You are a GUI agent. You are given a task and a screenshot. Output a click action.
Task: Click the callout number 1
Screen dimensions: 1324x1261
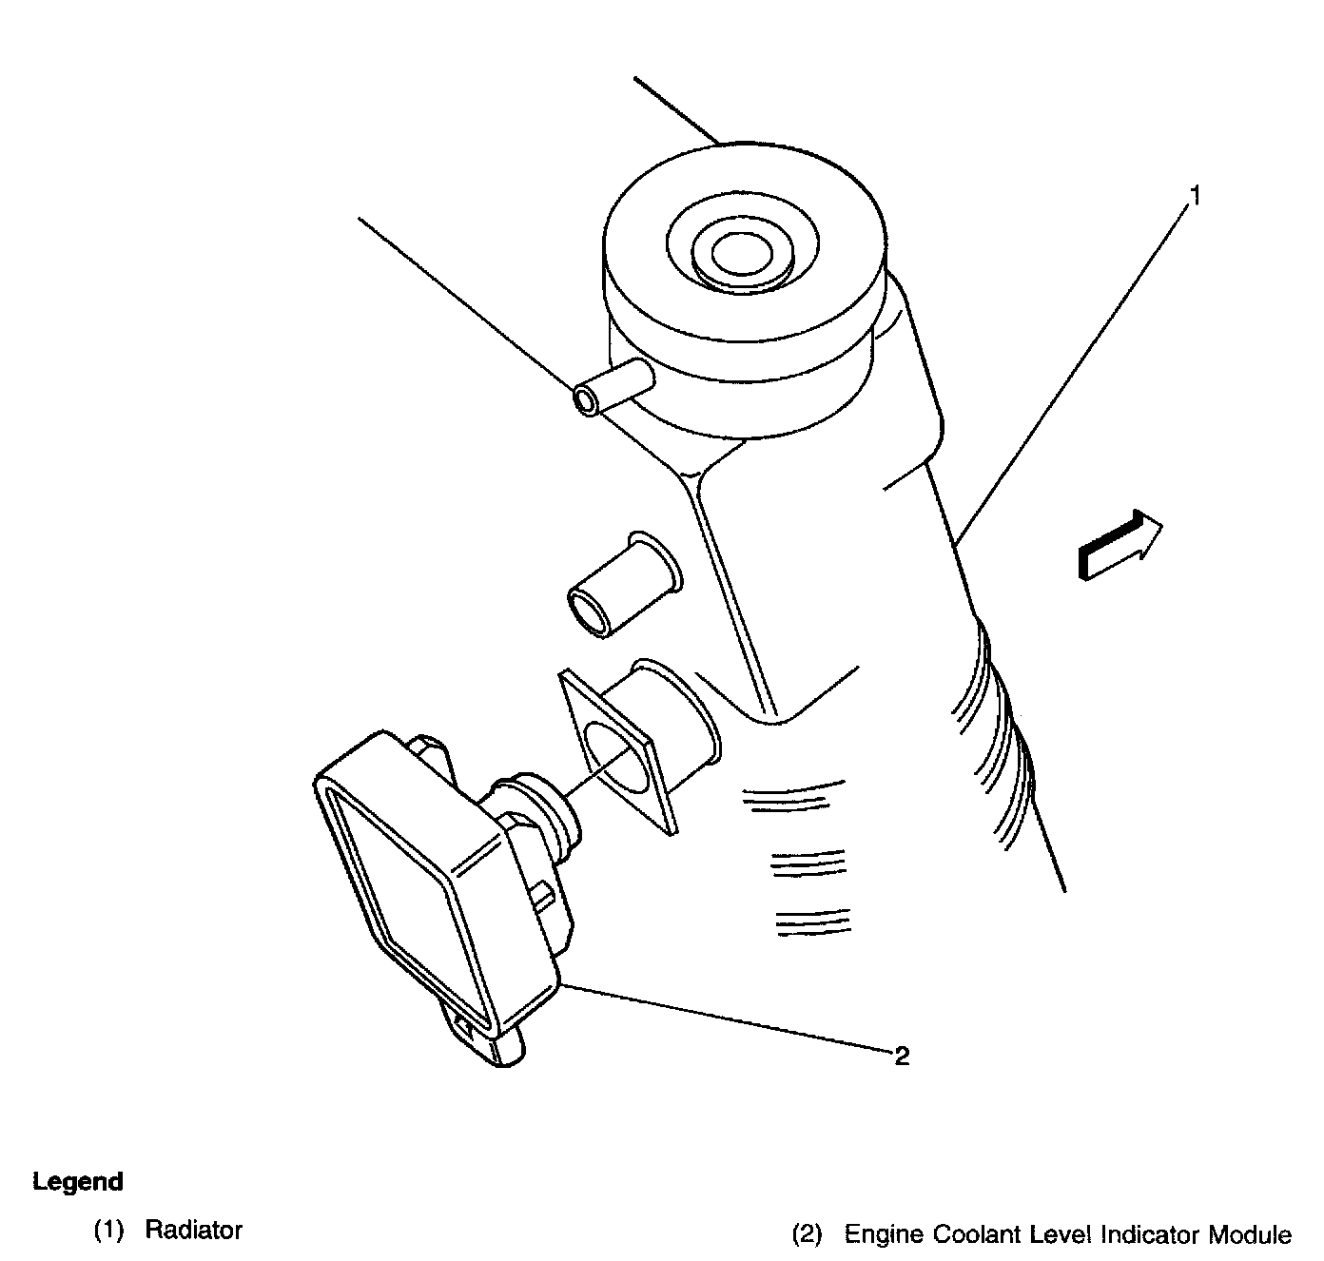[1195, 196]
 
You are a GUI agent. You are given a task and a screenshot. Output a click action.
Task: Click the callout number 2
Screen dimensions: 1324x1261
[902, 1056]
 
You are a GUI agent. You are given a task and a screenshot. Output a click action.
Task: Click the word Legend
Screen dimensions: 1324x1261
[78, 1181]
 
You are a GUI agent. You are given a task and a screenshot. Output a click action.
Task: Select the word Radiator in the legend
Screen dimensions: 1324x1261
[194, 1230]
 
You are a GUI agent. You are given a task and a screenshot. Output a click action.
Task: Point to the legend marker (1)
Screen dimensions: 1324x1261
[109, 1231]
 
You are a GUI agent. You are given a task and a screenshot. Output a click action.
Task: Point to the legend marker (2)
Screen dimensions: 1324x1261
[807, 1234]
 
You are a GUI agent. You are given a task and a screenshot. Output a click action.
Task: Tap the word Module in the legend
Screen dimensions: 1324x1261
[1250, 1234]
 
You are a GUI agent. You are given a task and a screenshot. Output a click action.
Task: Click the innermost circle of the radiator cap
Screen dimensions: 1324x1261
[742, 254]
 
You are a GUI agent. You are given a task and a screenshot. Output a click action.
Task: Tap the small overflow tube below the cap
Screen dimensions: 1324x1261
[613, 387]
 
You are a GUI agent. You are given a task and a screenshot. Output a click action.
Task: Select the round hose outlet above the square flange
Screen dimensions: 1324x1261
[624, 586]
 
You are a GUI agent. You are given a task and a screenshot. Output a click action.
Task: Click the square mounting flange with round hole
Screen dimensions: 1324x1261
[617, 752]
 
